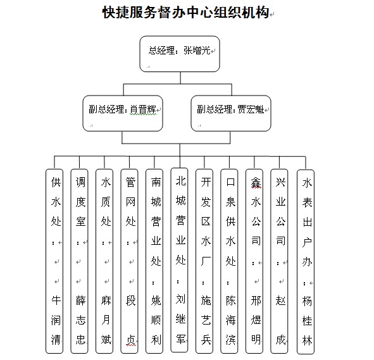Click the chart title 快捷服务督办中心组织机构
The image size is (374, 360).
click(x=186, y=13)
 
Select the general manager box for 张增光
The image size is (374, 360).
click(x=180, y=54)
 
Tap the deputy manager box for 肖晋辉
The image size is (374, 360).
click(x=123, y=113)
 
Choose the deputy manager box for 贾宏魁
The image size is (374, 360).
click(x=231, y=113)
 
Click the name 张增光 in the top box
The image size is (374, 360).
click(x=197, y=51)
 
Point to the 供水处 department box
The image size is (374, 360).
click(x=54, y=261)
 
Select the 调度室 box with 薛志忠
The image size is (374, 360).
click(x=80, y=261)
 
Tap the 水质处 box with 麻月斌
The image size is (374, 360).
click(x=104, y=261)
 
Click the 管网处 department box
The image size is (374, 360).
click(x=129, y=261)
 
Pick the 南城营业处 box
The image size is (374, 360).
click(x=154, y=261)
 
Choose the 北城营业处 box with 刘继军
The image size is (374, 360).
click(x=179, y=260)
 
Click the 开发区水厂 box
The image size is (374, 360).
click(x=204, y=261)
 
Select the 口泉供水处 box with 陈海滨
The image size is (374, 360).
click(x=229, y=261)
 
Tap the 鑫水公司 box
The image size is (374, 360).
click(x=254, y=261)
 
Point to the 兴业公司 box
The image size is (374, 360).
click(x=279, y=261)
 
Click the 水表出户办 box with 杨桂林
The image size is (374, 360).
click(x=306, y=262)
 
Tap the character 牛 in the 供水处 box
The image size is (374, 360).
click(x=56, y=300)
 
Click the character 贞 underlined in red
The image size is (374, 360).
click(x=131, y=340)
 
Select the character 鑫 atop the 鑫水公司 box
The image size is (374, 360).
click(x=256, y=182)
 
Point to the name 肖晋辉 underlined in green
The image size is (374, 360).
click(x=143, y=109)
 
